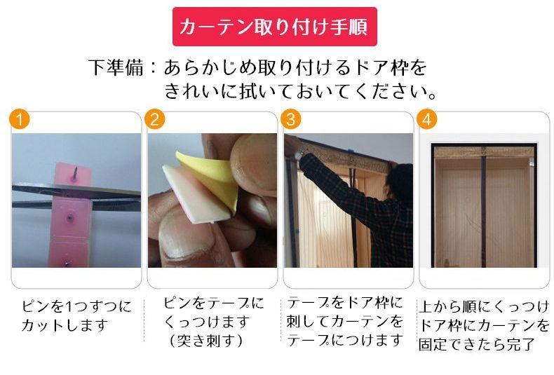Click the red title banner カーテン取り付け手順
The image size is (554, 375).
274,27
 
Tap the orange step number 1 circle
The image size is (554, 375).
20,119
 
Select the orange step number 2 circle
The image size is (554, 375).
155,119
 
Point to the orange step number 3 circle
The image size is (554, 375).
291,119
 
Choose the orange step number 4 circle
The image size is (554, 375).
427,119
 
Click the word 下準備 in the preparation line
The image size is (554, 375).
116,67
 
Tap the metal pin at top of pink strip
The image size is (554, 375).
74,174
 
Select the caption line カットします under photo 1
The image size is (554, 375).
65,325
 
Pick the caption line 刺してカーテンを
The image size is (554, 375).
344,321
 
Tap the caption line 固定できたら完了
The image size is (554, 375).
477,344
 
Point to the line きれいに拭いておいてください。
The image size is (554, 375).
301,91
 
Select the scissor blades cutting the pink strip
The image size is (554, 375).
76,196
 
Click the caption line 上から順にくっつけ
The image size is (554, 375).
485,306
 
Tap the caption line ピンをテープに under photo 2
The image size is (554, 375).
214,303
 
